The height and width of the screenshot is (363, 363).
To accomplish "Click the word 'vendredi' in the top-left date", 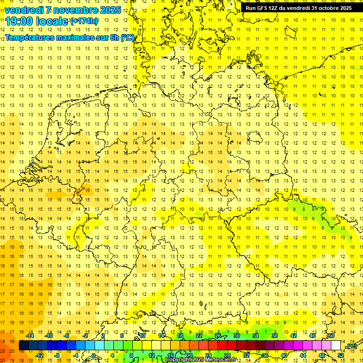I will coord(24,10).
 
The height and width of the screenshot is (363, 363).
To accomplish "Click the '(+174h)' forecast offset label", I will coord(84,21).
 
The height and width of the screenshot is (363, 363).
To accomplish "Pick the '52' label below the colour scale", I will coord(341,355).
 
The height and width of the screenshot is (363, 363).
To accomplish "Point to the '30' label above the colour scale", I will coord(237,336).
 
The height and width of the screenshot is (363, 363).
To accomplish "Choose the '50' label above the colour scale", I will coord(331,336).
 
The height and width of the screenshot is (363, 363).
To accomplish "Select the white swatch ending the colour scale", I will coord(336,346).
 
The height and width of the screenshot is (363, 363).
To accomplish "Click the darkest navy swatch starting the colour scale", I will coord(24,346).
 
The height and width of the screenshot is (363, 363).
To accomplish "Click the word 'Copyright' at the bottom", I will coord(178,360).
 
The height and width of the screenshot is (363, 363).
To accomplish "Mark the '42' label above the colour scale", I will coord(294,336).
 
